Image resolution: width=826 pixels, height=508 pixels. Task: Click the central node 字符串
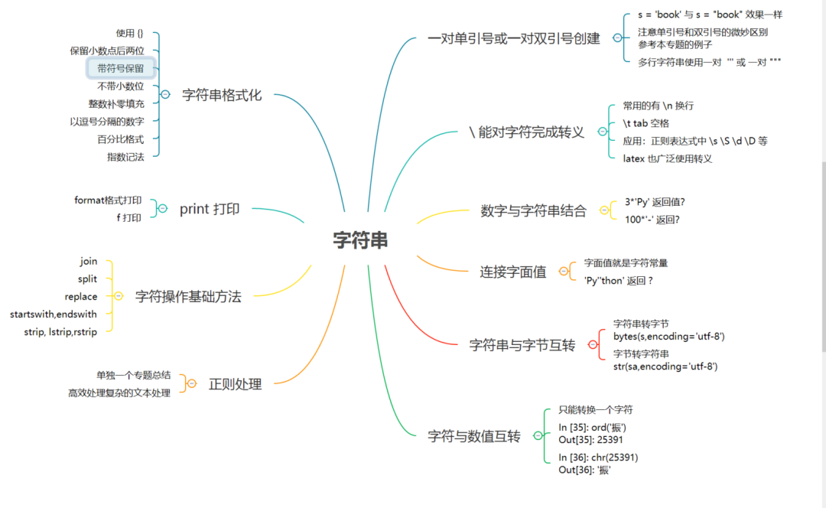click(360, 240)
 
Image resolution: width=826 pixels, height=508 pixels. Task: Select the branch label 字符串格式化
click(222, 95)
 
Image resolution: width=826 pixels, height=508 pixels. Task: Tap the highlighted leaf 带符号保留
click(121, 68)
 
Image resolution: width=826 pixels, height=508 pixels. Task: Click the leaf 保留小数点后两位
click(107, 50)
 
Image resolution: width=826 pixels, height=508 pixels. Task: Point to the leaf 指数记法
click(125, 156)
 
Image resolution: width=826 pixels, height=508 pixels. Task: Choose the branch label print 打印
click(210, 209)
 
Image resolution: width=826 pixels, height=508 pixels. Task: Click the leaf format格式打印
click(108, 200)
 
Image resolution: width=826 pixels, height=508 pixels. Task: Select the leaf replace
click(81, 296)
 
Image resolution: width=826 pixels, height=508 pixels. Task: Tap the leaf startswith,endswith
click(54, 314)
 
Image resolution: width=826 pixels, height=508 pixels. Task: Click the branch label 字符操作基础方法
click(188, 296)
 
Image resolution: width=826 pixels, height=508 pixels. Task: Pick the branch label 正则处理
click(236, 384)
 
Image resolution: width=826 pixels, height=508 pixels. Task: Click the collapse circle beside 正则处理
click(192, 383)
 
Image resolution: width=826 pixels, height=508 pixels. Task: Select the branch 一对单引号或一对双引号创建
click(514, 38)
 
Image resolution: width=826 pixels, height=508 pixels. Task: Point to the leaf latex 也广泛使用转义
click(668, 158)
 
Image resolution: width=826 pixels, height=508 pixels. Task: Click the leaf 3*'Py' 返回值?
click(655, 202)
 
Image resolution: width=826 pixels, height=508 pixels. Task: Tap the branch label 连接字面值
click(513, 272)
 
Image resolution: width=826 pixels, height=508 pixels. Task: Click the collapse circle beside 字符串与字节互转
click(592, 345)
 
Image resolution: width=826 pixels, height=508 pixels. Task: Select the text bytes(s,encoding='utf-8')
click(669, 336)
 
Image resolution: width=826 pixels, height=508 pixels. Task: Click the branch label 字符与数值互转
click(474, 436)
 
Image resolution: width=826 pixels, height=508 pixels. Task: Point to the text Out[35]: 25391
click(590, 440)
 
